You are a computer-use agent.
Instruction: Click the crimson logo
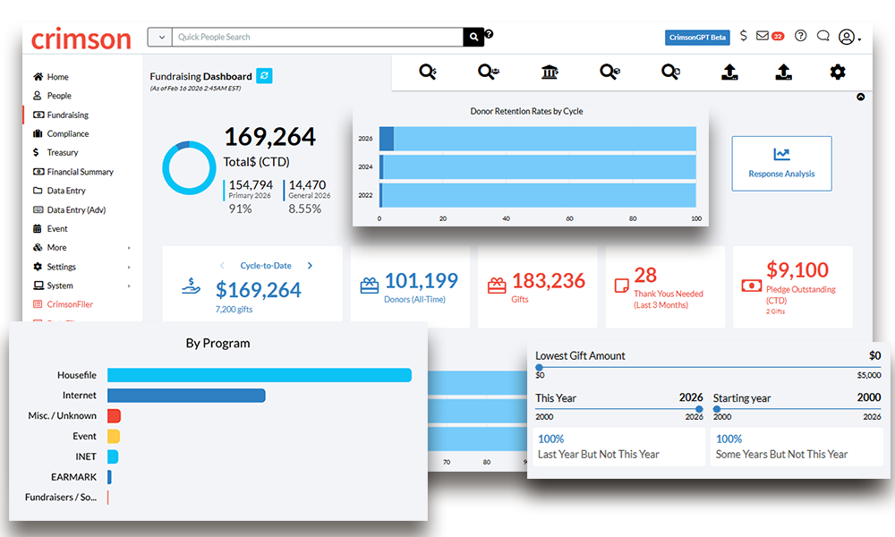pos(81,38)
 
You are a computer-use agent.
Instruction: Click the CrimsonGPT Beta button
pos(698,38)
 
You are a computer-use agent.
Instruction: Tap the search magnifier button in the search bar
pos(473,37)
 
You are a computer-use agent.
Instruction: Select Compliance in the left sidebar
pos(67,133)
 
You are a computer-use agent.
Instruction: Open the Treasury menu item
pos(63,152)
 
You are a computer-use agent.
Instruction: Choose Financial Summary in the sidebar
pos(80,172)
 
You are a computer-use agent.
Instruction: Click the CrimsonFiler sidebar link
pos(70,304)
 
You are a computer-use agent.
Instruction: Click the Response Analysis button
pos(781,163)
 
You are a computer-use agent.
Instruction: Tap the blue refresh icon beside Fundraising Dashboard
pos(264,76)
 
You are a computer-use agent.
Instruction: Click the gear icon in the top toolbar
pos(837,72)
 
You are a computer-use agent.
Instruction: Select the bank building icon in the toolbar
pos(550,72)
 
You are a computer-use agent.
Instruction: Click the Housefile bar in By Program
pos(259,376)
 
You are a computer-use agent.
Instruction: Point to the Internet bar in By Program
pos(186,396)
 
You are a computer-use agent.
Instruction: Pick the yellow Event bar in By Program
pos(114,437)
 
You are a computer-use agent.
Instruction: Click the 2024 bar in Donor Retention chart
pos(538,167)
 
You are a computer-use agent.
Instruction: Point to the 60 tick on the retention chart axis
pos(569,217)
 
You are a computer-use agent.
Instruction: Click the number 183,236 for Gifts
pos(549,281)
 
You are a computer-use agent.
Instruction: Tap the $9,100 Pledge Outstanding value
pos(797,270)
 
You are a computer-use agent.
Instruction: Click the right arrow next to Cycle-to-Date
pos(311,266)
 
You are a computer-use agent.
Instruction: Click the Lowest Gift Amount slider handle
pos(539,367)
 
